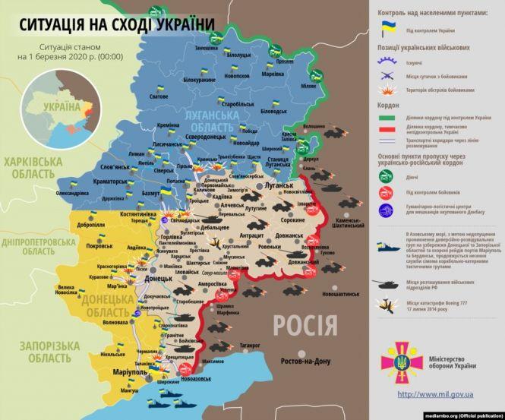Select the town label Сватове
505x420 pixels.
pyautogui.click(x=158, y=97)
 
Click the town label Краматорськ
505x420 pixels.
pyautogui.click(x=107, y=182)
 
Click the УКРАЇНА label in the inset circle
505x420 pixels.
pyautogui.click(x=61, y=106)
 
